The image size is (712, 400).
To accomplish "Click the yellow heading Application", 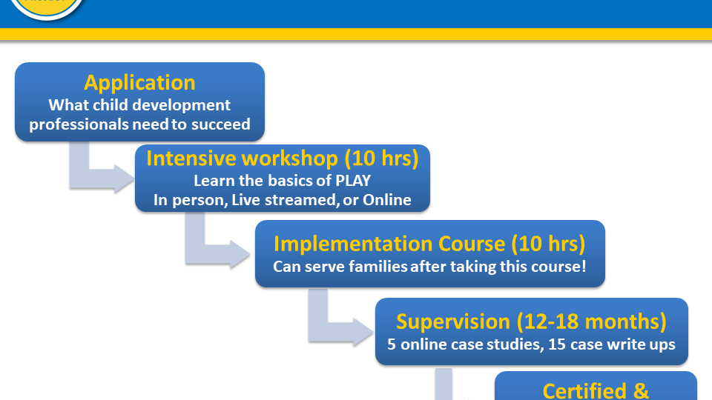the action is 139,83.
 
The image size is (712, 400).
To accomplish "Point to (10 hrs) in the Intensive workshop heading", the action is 381,159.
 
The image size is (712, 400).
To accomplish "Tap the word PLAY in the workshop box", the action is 353,181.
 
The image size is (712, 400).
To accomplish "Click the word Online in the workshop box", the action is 387,200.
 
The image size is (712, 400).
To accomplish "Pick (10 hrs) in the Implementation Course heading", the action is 549,244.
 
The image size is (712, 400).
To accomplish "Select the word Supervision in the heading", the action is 453,321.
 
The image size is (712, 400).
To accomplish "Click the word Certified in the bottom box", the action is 585,391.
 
